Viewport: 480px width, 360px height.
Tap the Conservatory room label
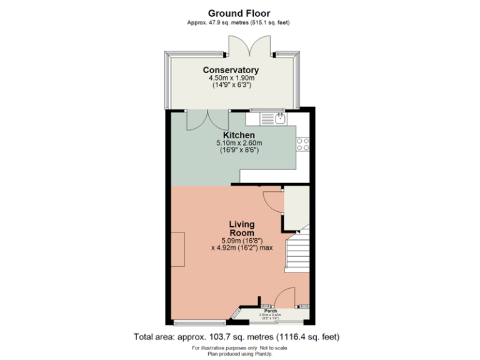pyautogui.click(x=231, y=70)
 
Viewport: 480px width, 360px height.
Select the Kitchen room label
pyautogui.click(x=239, y=135)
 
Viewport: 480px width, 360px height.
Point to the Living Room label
pyautogui.click(x=242, y=228)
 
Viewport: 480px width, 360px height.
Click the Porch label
pyautogui.click(x=271, y=311)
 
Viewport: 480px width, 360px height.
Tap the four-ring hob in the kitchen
pyautogui.click(x=303, y=144)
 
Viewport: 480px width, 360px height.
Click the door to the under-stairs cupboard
pyautogui.click(x=273, y=200)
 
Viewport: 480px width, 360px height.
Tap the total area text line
pyautogui.click(x=237, y=336)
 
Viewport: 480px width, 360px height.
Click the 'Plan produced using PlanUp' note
pyautogui.click(x=239, y=353)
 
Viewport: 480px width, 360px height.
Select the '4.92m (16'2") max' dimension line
pyautogui.click(x=242, y=247)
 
